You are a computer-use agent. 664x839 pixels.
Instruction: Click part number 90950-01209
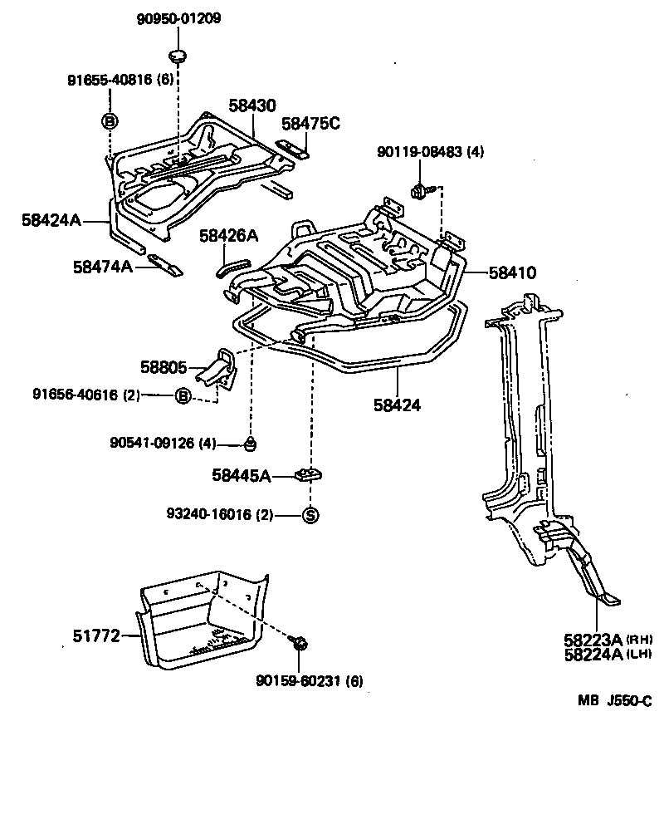[x=178, y=18]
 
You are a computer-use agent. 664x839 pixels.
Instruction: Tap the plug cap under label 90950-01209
[x=178, y=56]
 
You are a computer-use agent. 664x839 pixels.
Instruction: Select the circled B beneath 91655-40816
[x=109, y=121]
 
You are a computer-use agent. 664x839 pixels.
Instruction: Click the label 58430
[x=252, y=106]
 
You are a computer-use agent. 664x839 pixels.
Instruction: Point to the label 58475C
[x=310, y=124]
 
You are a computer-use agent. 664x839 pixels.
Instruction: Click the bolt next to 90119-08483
[x=419, y=191]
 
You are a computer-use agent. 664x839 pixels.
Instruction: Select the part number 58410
[x=512, y=272]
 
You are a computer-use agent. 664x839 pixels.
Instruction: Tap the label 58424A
[x=51, y=220]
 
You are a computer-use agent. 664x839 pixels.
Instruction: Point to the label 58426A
[x=229, y=236]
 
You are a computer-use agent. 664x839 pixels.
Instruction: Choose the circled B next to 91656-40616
[x=183, y=396]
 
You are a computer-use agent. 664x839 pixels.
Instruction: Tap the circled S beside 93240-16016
[x=310, y=515]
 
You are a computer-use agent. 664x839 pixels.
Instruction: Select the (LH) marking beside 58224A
[x=638, y=654]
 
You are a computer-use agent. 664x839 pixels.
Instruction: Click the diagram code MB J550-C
[x=614, y=701]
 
